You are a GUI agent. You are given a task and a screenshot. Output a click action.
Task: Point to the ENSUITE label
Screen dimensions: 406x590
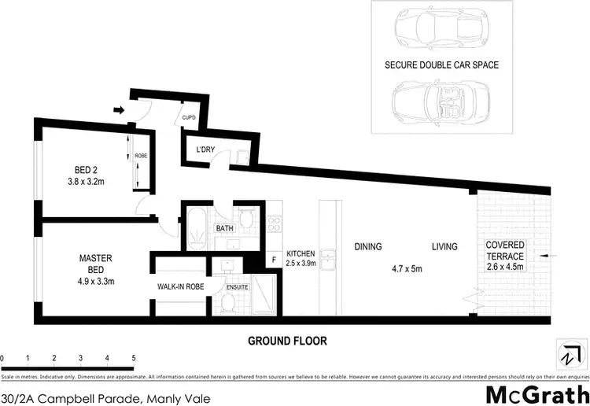pos(237,287)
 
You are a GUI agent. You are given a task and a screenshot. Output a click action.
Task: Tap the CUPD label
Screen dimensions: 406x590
pos(189,118)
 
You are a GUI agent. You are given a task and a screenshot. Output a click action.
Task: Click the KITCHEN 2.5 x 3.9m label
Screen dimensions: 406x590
pos(300,259)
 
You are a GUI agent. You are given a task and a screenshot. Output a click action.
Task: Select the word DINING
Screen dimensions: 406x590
pos(367,247)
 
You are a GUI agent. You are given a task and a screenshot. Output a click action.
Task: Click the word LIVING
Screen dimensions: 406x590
pos(444,247)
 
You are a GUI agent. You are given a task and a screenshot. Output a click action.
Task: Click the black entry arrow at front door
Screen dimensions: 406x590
pos(118,110)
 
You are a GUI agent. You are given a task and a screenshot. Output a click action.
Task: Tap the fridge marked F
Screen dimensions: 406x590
pos(274,259)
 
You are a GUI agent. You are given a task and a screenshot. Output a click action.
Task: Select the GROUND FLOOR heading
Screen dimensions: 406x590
pos(287,341)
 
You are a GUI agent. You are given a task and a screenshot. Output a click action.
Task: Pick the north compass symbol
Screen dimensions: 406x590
pos(567,356)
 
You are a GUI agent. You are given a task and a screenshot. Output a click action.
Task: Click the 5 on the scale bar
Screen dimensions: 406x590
pos(134,358)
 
